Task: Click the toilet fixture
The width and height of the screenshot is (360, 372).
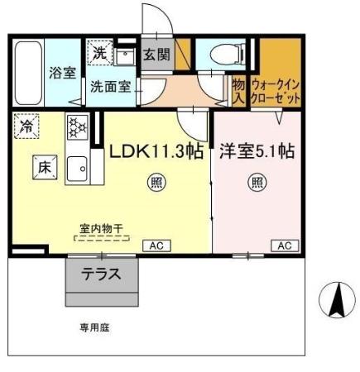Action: pos(222,55)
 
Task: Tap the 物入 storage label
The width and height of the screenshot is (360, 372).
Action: pos(238,90)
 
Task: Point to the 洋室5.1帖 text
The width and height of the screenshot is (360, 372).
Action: pos(258,152)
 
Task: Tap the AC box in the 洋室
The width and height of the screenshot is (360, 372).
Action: pos(284,246)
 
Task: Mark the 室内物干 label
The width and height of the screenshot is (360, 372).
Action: pos(102,227)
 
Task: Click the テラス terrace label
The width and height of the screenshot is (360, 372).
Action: pos(101,275)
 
